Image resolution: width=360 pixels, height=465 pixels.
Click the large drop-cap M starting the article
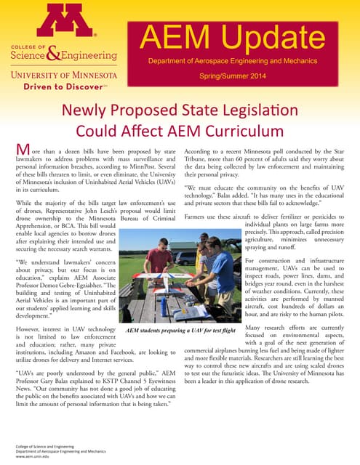[23, 150]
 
